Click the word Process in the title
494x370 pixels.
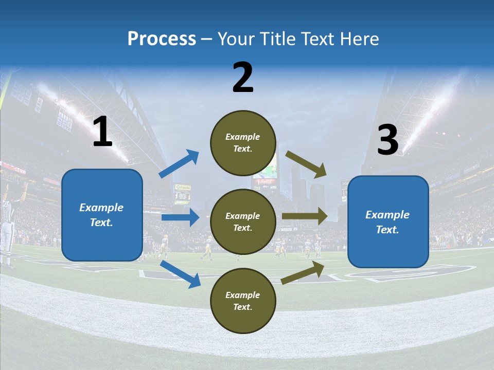162,39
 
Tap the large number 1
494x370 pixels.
102,132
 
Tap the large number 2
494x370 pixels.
243,78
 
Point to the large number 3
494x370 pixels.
387,140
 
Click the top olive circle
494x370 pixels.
243,143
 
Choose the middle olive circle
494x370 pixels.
243,221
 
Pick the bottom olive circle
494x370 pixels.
243,301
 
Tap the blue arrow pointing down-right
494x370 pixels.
181,274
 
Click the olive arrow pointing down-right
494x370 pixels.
306,164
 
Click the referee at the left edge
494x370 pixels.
7,226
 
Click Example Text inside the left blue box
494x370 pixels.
101,215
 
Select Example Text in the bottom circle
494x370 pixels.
242,301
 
